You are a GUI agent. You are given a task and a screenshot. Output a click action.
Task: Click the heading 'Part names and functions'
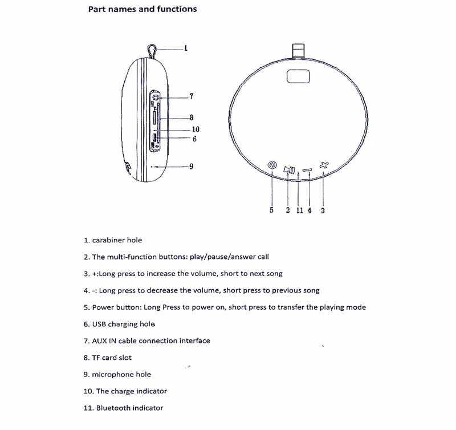point(142,9)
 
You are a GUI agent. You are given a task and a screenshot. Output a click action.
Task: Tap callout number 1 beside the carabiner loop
point(186,48)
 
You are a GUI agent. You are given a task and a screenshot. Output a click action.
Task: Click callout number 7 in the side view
point(192,96)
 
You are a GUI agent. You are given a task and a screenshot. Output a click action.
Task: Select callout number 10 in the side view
point(196,129)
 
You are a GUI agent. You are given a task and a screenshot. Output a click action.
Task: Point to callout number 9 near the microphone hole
point(191,166)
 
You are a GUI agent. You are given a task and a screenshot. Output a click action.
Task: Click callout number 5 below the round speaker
point(272,210)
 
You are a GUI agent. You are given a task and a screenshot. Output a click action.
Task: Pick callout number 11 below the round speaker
point(300,210)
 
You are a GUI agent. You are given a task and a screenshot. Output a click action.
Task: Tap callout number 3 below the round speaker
point(323,210)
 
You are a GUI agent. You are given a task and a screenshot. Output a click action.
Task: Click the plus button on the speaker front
point(324,165)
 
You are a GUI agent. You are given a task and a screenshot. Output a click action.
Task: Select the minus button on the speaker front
point(307,169)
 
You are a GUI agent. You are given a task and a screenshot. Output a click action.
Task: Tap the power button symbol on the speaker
point(272,165)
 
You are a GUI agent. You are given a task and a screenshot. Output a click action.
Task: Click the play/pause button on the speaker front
point(290,169)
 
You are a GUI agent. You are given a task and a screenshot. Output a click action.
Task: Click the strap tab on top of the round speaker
point(298,51)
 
